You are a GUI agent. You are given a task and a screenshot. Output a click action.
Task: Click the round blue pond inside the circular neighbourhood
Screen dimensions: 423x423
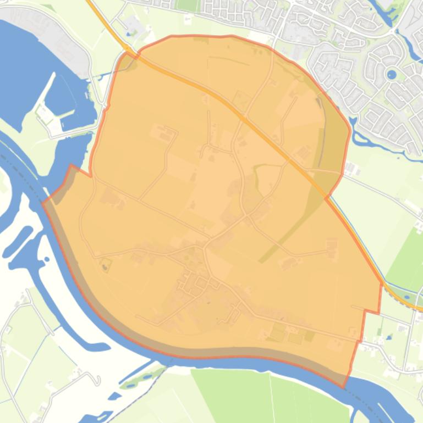click(x=392, y=74)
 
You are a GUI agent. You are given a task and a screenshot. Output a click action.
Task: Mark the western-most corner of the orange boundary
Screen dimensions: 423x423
click(x=43, y=203)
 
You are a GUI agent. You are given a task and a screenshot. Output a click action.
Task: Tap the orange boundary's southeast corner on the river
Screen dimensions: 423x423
click(x=345, y=387)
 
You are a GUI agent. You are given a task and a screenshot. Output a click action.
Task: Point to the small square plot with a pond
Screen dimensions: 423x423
click(x=105, y=265)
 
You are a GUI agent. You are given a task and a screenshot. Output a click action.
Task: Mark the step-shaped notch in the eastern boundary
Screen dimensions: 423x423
click(x=371, y=312)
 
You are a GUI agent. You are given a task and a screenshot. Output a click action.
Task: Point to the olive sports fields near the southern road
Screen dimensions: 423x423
click(x=286, y=333)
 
